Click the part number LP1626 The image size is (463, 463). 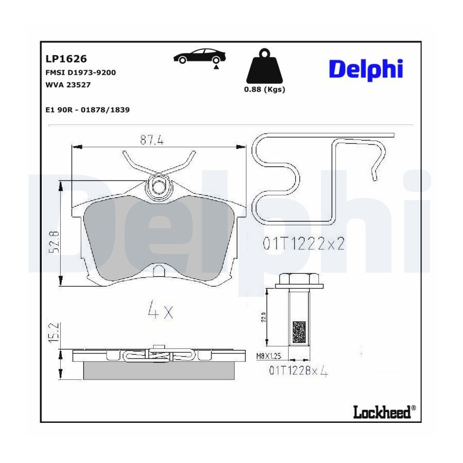click(66, 59)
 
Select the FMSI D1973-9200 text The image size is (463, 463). click(81, 73)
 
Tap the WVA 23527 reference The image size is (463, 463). click(68, 85)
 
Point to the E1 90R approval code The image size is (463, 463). click(87, 110)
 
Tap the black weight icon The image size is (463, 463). click(264, 66)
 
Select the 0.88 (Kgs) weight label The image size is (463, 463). click(264, 89)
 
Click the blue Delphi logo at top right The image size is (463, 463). click(366, 69)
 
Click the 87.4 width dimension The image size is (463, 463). click(152, 139)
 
